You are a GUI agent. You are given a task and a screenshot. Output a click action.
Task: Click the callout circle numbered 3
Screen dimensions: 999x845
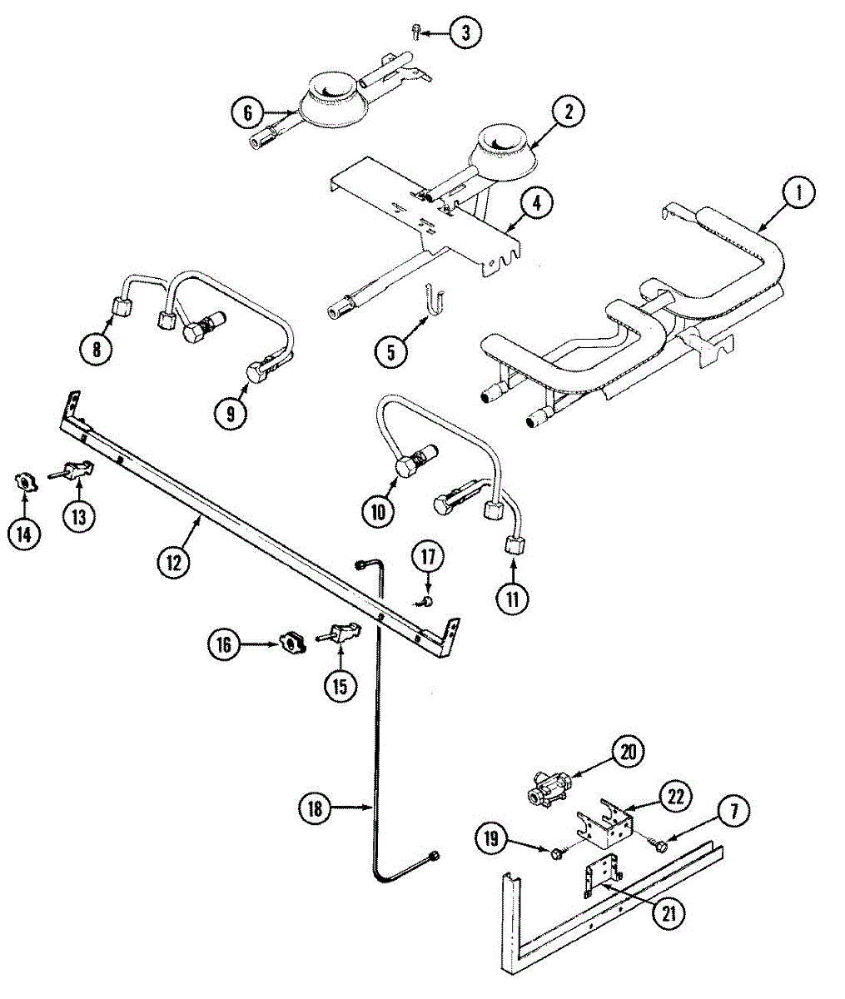pyautogui.click(x=465, y=33)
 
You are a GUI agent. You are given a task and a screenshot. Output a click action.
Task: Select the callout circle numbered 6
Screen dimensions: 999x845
pyautogui.click(x=248, y=112)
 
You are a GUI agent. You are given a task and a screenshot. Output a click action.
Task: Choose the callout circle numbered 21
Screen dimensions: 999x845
pyautogui.click(x=668, y=913)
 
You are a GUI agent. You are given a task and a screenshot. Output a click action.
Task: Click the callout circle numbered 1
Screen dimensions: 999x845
pyautogui.click(x=798, y=194)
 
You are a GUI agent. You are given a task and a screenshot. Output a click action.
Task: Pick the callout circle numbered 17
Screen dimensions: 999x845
pyautogui.click(x=427, y=555)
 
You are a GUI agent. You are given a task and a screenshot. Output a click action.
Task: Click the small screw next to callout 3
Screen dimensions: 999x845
pyautogui.click(x=415, y=32)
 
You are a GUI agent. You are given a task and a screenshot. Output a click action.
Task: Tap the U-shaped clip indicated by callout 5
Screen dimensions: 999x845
pyautogui.click(x=432, y=301)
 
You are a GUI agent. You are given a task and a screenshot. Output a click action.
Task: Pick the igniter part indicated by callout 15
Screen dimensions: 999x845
pyautogui.click(x=338, y=635)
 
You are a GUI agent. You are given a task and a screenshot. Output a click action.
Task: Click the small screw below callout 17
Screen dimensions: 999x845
pyautogui.click(x=425, y=601)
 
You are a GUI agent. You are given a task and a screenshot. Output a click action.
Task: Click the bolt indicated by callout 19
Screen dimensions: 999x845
pyautogui.click(x=556, y=852)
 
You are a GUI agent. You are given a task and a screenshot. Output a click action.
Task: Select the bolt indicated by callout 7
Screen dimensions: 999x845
pyautogui.click(x=660, y=846)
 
